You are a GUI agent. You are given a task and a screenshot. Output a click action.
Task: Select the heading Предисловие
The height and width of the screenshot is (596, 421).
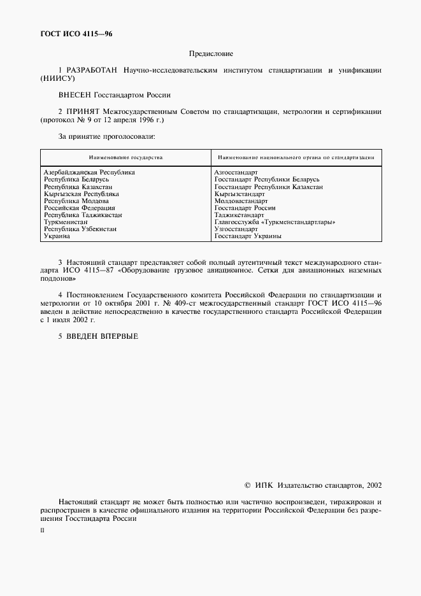pos(211,55)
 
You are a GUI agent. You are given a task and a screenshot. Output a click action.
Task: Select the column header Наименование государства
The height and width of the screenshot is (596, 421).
pos(125,157)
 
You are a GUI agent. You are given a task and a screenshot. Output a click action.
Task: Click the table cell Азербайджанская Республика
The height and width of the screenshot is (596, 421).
pos(89,173)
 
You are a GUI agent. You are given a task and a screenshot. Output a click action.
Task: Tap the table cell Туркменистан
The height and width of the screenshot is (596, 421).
pos(66,222)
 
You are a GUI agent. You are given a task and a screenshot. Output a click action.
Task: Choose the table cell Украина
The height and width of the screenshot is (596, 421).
pos(57,236)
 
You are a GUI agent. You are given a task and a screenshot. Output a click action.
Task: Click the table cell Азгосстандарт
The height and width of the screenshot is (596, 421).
pos(236,173)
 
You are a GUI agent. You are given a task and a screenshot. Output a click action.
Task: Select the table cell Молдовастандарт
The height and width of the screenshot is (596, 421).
pos(241,201)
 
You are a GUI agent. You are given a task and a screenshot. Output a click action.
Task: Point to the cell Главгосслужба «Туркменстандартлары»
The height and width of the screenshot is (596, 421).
pos(275,222)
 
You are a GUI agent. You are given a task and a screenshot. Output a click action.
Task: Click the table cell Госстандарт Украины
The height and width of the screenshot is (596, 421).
pos(248,236)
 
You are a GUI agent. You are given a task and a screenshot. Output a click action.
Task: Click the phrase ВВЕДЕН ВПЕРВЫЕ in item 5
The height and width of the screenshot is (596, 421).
pos(103,336)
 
